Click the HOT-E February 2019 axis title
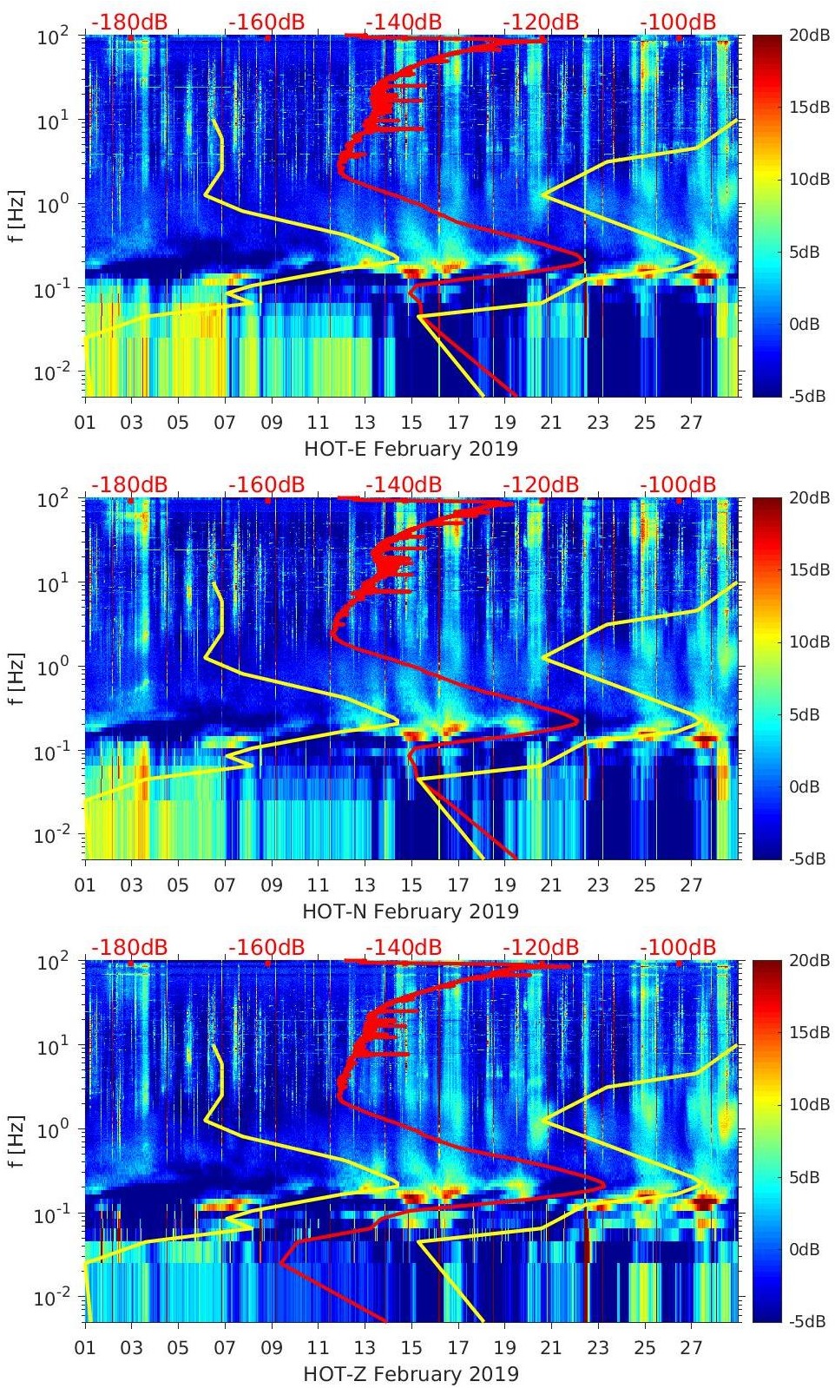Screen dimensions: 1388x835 click(x=411, y=449)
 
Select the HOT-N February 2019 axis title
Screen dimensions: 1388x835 click(x=411, y=911)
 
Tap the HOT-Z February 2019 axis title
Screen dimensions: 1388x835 click(x=411, y=1374)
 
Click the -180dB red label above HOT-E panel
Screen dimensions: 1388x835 click(x=129, y=22)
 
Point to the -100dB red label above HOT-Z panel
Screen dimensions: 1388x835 click(x=678, y=947)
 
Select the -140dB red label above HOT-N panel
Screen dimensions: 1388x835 click(x=404, y=484)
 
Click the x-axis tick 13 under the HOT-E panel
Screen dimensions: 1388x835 click(x=365, y=424)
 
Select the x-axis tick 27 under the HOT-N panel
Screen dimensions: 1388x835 click(x=691, y=886)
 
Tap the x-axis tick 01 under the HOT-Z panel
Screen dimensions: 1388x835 click(x=85, y=1349)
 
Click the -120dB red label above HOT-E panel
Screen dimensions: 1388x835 click(x=541, y=22)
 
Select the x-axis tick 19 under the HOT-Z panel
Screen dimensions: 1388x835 click(x=504, y=1349)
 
